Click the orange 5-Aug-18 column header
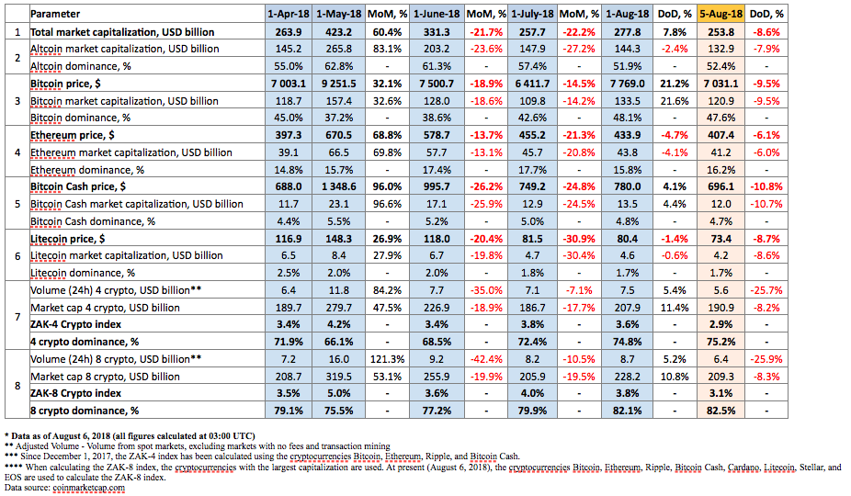coord(721,14)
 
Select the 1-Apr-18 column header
coord(289,14)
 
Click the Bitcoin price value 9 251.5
coord(339,84)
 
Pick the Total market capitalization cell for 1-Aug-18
coord(628,32)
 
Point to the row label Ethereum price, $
coord(73,135)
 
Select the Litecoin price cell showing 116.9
coord(289,239)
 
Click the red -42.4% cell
coord(486,359)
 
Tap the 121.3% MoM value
coord(387,359)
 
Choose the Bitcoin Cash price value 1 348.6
coord(339,186)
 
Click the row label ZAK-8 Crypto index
coord(75,393)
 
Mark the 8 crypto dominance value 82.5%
coord(721,411)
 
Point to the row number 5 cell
coord(17,204)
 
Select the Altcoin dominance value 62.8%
coord(339,66)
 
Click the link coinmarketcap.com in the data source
coord(88,488)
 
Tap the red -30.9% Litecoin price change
coord(579,239)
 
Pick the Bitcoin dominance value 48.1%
coord(628,118)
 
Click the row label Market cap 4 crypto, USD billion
coord(105,308)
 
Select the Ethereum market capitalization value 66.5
coord(339,152)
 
